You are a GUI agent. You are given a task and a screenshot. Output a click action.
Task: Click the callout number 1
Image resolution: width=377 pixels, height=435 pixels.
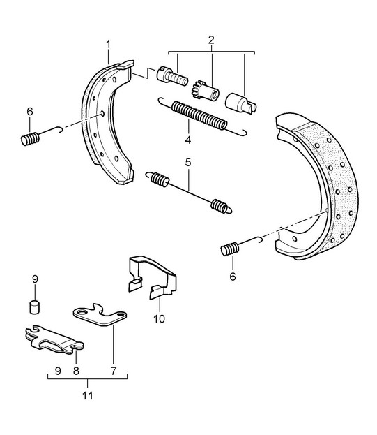coord(108,45)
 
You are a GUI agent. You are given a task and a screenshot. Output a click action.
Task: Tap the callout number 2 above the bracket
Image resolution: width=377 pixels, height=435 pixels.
coord(211,40)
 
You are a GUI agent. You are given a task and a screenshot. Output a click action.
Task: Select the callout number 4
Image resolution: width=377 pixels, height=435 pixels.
coord(188,140)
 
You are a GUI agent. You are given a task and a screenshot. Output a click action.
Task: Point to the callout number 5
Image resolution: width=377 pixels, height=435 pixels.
coord(188,162)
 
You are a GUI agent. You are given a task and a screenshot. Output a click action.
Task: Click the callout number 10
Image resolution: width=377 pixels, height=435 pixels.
coord(159,319)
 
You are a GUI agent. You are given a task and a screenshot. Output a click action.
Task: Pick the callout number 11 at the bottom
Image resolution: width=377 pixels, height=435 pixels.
coord(88,396)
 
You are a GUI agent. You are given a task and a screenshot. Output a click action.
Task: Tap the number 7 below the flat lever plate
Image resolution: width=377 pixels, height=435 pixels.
coord(114,371)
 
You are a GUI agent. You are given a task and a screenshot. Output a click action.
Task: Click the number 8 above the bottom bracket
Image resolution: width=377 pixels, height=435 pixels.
coord(76,371)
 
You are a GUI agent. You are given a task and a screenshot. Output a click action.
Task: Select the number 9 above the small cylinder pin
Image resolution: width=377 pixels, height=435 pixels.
coord(35,279)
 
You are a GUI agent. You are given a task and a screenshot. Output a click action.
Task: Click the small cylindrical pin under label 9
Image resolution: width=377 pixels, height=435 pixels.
coord(34,307)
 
